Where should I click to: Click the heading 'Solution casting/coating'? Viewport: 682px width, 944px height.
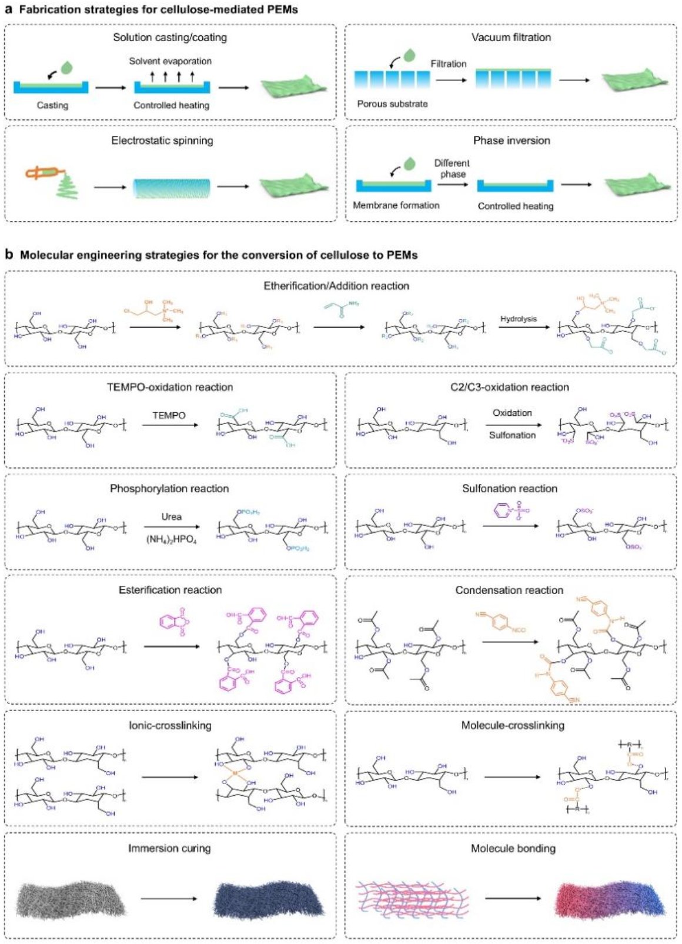pos(170,38)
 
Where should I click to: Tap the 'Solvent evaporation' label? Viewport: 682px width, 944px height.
pos(170,61)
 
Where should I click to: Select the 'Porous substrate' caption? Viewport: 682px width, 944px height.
pos(392,104)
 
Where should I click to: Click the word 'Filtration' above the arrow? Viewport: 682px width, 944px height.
pos(449,64)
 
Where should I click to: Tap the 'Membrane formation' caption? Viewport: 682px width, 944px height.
pos(396,205)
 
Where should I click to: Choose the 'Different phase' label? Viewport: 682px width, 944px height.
pos(452,168)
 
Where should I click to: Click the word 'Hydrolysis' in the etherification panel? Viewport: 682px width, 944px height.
pos(519,319)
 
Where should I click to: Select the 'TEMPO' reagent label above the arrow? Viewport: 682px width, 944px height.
pos(169,415)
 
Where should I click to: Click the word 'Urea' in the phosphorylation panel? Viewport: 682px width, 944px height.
pos(171,516)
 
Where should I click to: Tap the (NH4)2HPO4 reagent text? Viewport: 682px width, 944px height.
pos(171,538)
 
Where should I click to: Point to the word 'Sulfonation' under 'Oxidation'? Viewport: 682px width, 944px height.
pos(512,435)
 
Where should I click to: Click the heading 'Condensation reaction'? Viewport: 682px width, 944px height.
pos(509,590)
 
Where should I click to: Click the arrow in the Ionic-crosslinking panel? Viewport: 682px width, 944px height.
pos(170,777)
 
